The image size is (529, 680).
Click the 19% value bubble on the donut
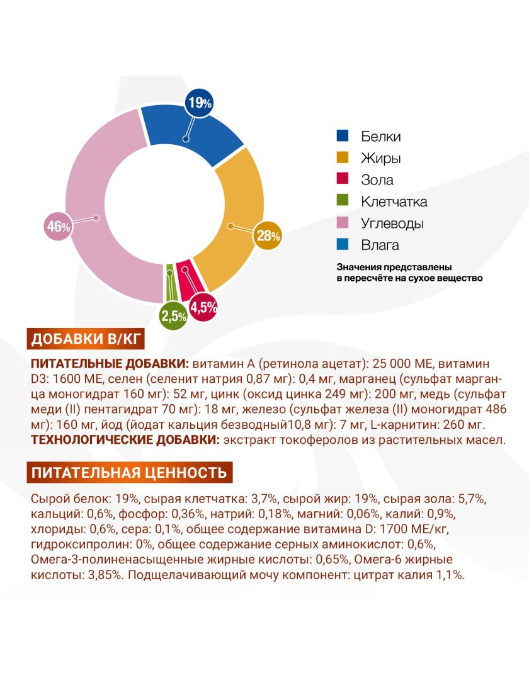point(199,103)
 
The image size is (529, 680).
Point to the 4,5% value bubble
point(203,307)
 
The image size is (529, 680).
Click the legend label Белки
point(380,137)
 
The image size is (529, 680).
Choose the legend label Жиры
point(380,158)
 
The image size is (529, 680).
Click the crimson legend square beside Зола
point(343,179)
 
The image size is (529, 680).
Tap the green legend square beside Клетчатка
point(343,201)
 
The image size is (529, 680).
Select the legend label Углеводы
point(392,224)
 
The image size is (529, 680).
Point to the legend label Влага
point(380,245)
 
